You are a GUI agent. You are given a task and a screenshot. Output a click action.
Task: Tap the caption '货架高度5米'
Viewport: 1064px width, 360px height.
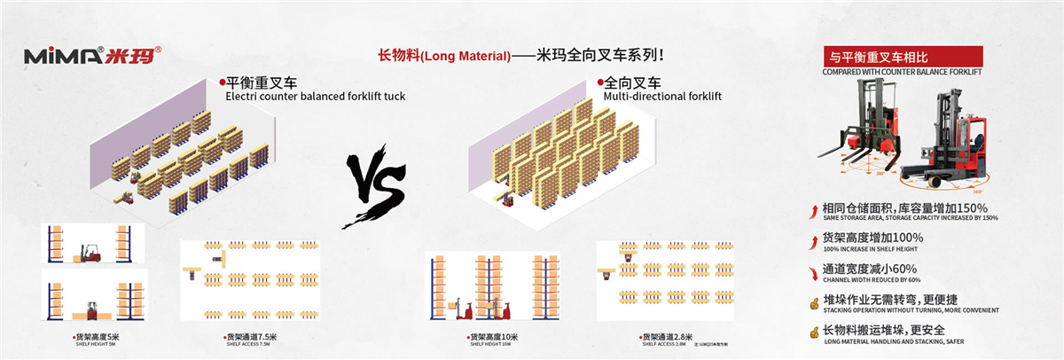(x=100, y=338)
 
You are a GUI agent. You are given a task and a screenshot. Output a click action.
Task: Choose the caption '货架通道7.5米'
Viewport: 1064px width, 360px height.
(x=252, y=337)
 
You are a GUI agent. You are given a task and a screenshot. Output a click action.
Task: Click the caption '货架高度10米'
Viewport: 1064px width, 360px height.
(x=493, y=337)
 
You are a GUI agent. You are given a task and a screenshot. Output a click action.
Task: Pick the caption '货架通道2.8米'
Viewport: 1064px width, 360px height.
(x=664, y=337)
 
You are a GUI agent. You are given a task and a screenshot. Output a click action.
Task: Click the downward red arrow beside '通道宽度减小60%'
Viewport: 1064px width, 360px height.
(x=814, y=271)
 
